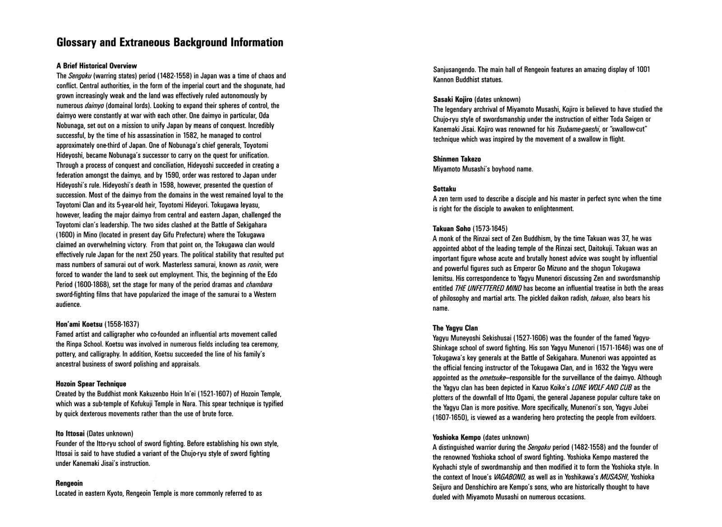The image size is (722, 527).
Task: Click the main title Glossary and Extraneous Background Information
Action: point(170,42)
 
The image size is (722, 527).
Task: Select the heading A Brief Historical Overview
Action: point(96,66)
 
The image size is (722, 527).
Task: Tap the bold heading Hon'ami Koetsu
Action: point(79,324)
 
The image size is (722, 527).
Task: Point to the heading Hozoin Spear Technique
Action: point(91,384)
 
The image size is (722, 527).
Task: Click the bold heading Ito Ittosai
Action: point(70,434)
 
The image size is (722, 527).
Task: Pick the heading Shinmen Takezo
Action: point(457,159)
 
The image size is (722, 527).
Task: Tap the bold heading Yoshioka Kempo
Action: point(457,437)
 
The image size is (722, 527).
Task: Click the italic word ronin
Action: point(254,265)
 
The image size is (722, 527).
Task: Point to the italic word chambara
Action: point(259,284)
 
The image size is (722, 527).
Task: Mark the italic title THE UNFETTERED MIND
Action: point(488,288)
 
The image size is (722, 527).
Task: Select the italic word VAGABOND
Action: point(497,477)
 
